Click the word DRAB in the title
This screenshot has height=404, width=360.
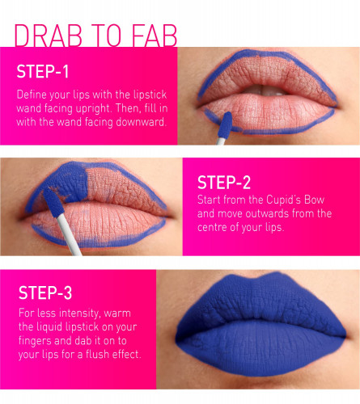(x=48, y=36)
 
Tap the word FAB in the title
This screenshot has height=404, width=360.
(x=155, y=36)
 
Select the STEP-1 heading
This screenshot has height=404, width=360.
(x=43, y=72)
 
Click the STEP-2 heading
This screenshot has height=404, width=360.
(x=224, y=183)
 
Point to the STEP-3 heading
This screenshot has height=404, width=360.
(x=45, y=292)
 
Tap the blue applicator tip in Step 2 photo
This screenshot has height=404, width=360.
(x=53, y=202)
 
